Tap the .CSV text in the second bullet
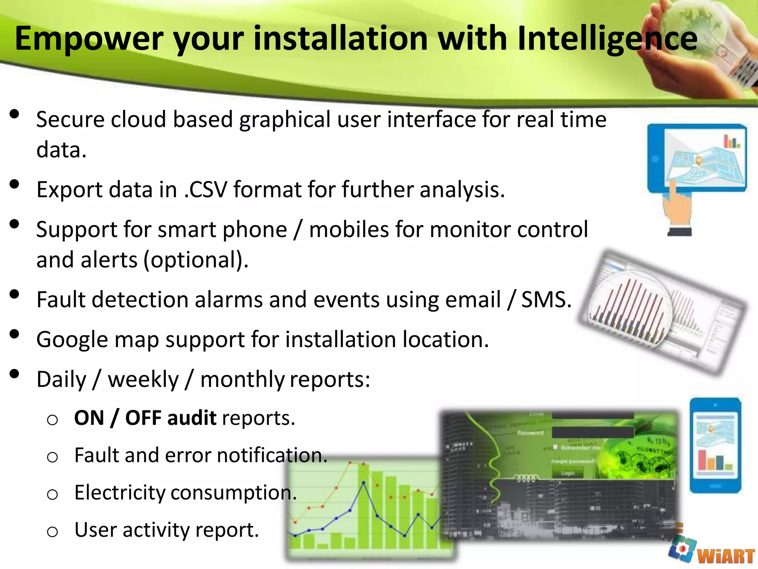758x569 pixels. [x=205, y=190]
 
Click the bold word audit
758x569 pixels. [x=192, y=418]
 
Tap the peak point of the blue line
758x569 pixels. [x=363, y=483]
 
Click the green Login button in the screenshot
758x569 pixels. [x=567, y=473]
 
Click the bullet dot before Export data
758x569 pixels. [x=14, y=184]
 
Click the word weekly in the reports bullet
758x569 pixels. [x=143, y=380]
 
